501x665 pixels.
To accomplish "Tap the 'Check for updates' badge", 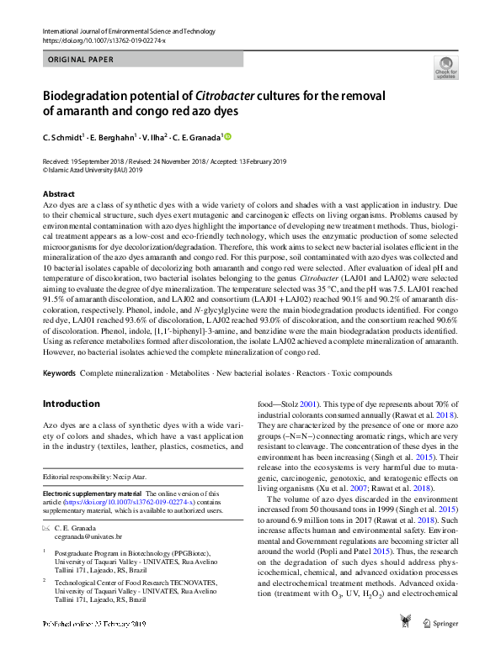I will (445, 67).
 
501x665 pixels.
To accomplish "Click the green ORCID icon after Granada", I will (227, 137).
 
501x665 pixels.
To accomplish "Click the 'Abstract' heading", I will (58, 194).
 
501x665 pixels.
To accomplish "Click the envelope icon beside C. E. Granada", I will (46, 527).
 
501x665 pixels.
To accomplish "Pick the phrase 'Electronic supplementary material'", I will (93, 493).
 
